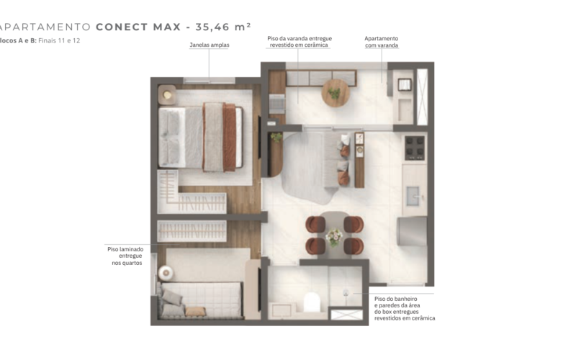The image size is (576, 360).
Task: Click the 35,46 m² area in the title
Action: (223, 27)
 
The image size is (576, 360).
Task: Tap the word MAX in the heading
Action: (167, 27)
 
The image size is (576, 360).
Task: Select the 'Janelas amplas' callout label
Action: (210, 45)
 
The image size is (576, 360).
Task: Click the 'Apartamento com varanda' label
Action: (382, 42)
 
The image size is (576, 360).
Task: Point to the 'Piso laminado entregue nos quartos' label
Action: (125, 256)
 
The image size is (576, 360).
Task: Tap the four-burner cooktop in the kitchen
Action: (415, 148)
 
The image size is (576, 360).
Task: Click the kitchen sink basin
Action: (413, 197)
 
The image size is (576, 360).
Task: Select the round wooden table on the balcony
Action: (335, 93)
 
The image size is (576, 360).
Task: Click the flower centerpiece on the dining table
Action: (334, 237)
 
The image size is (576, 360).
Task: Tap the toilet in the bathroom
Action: (312, 302)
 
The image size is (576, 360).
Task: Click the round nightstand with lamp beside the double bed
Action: (167, 95)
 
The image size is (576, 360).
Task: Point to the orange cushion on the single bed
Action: (195, 312)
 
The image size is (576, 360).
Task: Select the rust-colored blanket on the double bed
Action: (229, 138)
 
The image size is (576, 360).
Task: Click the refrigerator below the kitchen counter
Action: (412, 231)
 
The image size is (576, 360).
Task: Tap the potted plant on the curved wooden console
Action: (276, 138)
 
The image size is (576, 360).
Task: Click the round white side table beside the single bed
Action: (166, 273)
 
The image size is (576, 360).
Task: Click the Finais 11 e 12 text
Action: (59, 40)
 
